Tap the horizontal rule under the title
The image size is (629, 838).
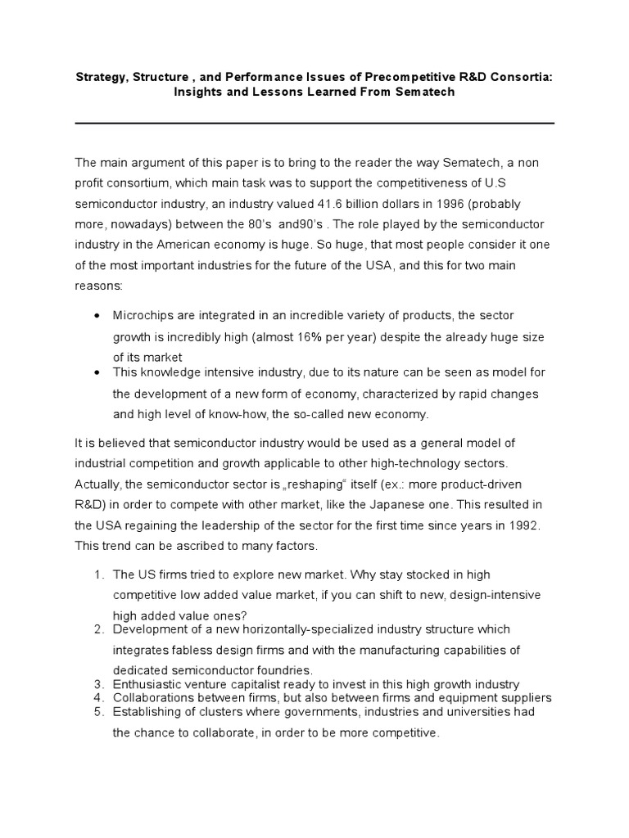[x=314, y=123]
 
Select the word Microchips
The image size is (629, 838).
[x=143, y=315]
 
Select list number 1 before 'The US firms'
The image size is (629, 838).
[x=97, y=575]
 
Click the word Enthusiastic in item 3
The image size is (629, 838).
[x=146, y=684]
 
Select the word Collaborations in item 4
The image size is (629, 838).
[x=152, y=698]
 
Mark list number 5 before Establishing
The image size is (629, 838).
[x=97, y=712]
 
